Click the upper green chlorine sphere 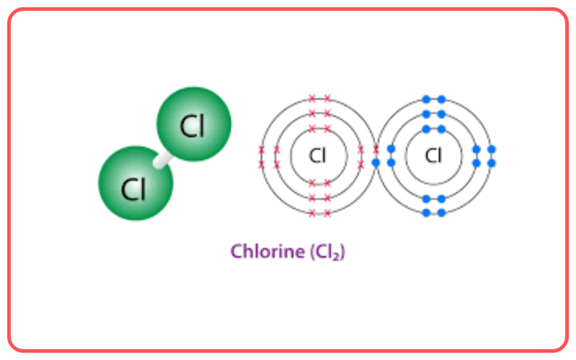tap(194, 124)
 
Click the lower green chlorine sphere tap(136, 183)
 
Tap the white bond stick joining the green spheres tap(163, 160)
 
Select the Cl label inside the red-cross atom tap(317, 155)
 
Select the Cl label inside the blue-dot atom tap(433, 155)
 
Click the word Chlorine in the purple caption tap(268, 251)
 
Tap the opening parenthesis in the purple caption tap(313, 252)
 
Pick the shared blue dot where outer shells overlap tap(376, 163)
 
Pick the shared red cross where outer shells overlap tap(376, 150)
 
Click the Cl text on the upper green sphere tap(192, 126)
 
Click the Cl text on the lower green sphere tap(133, 189)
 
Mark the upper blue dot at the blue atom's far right tap(492, 149)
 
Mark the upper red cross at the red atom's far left tap(261, 150)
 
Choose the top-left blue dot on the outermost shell tap(426, 99)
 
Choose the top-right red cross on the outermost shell tap(327, 98)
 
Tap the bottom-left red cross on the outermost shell tap(312, 213)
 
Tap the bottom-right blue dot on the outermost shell tap(442, 213)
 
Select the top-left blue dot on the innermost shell tap(426, 129)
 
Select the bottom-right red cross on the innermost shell tap(327, 183)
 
